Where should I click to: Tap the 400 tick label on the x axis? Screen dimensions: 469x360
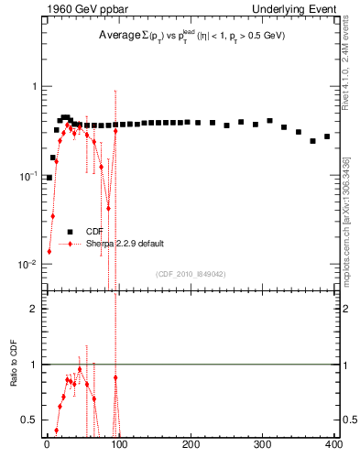pyautogui.click(x=333, y=445)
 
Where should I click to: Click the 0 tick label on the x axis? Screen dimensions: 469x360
pyautogui.click(x=48, y=445)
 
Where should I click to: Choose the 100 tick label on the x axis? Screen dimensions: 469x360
pyautogui.click(x=119, y=445)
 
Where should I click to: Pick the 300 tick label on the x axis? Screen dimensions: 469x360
pyautogui.click(x=262, y=445)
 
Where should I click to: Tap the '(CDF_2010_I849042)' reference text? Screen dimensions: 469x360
pyautogui.click(x=191, y=273)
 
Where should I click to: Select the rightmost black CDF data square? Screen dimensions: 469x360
pyautogui.click(x=327, y=136)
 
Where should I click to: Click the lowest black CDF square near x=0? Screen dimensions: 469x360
pyautogui.click(x=49, y=178)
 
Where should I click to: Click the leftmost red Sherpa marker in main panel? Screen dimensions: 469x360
pyautogui.click(x=49, y=251)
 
